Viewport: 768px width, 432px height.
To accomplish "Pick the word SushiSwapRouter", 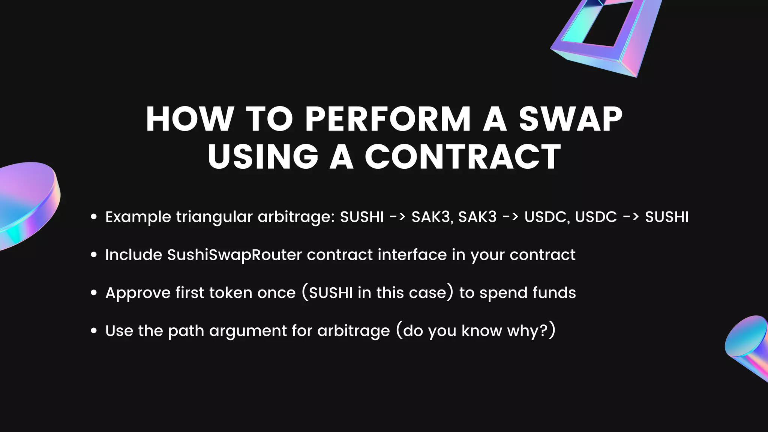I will [234, 255].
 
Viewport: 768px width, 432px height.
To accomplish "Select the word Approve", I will [138, 293].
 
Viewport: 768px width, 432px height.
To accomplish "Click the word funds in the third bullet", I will [554, 292].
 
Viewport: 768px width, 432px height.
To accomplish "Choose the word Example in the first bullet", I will [138, 217].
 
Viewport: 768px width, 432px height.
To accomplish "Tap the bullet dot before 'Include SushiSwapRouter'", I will [94, 255].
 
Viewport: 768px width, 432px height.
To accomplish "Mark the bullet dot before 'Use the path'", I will [94, 331].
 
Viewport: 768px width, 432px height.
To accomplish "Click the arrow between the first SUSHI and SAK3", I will [397, 217].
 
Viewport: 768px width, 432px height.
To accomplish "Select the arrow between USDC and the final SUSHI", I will [631, 217].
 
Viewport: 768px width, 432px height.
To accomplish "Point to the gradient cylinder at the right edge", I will [748, 347].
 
